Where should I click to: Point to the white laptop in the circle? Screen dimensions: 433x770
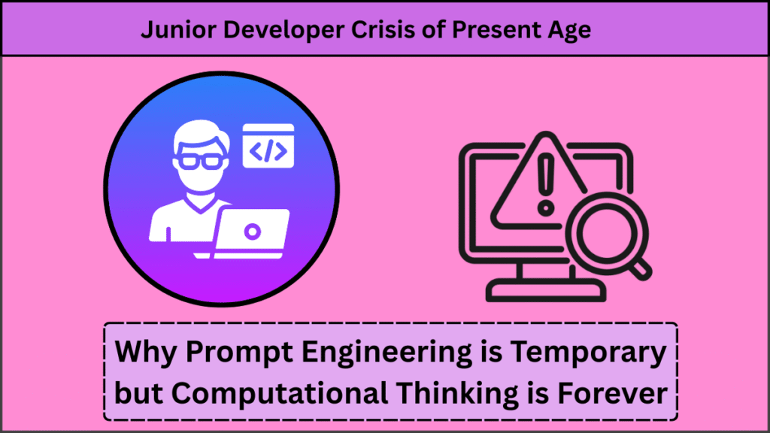pyautogui.click(x=252, y=234)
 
